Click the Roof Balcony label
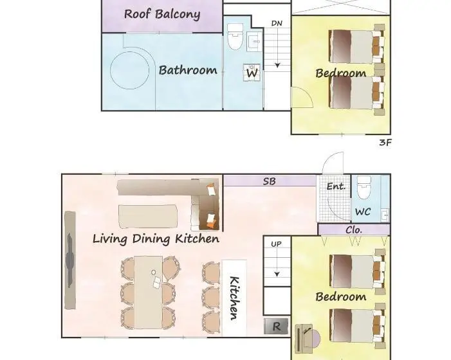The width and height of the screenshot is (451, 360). click(162, 14)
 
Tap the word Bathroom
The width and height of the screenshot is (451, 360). click(188, 70)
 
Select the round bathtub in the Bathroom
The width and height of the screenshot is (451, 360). click(130, 70)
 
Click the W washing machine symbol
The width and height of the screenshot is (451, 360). click(252, 73)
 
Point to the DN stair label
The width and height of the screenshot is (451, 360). click(277, 23)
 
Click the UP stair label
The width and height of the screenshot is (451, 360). click(276, 244)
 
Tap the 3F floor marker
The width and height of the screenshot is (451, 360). click(385, 143)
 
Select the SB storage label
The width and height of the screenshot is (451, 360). click(269, 181)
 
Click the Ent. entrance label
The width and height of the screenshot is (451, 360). click(336, 186)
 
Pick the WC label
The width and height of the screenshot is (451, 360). click(363, 212)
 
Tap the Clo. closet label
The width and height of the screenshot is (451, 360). click(353, 230)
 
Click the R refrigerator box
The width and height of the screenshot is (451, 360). click(276, 326)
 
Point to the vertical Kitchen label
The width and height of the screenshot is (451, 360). click(234, 298)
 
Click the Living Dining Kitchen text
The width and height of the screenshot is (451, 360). click(156, 239)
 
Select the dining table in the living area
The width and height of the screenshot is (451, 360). click(149, 292)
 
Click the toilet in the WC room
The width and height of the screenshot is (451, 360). click(364, 186)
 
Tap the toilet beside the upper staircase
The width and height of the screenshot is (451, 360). click(235, 37)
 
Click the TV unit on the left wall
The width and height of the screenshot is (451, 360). click(70, 260)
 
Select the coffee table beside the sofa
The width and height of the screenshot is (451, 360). click(147, 217)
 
